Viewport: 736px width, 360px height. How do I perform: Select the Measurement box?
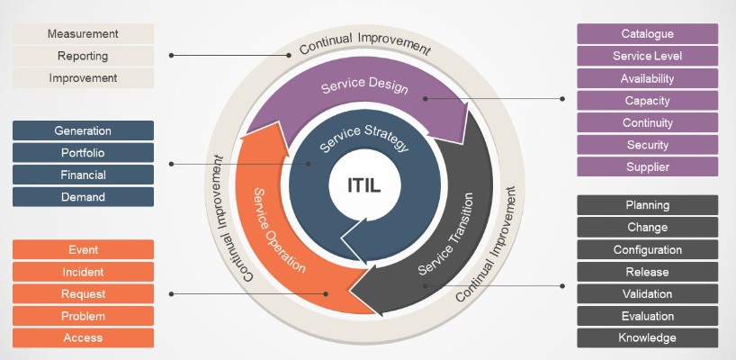(x=84, y=34)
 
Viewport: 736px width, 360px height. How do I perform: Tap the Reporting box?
(x=84, y=56)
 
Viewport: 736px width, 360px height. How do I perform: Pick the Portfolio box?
(x=83, y=153)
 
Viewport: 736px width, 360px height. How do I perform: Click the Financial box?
(x=83, y=175)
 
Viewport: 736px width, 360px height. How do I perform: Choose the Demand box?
(x=83, y=196)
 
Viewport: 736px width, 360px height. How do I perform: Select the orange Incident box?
(x=83, y=272)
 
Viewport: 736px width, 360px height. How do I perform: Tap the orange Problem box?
(x=83, y=316)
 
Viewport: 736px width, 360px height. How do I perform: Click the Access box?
(x=83, y=337)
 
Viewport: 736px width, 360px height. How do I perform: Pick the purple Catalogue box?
(x=647, y=34)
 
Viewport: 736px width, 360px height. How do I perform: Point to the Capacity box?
(x=647, y=100)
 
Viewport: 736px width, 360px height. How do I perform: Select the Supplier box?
(x=647, y=166)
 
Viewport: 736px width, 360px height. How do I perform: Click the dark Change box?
(x=647, y=228)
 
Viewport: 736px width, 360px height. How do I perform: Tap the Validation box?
(x=647, y=294)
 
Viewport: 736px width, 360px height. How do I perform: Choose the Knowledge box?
(x=647, y=338)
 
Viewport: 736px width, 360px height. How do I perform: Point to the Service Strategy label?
(x=364, y=138)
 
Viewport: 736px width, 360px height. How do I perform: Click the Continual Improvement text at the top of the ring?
(x=364, y=42)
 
